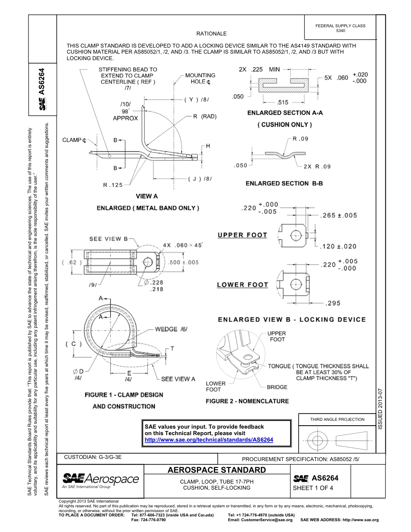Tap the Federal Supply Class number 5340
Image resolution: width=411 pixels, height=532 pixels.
click(340, 31)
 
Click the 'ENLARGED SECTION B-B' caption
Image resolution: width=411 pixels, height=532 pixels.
click(284, 183)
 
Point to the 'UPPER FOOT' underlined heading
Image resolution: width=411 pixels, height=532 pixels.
click(242, 235)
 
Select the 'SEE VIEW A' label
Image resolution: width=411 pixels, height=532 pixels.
click(178, 379)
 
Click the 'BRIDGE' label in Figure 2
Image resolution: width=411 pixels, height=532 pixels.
click(277, 387)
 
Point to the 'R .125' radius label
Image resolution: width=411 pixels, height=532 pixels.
click(113, 185)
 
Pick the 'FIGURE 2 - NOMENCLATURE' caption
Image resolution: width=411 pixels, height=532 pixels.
click(247, 401)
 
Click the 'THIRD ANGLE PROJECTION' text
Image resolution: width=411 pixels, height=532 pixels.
click(337, 419)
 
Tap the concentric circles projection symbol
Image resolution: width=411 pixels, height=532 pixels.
click(318, 441)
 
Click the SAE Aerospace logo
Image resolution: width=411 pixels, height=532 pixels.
click(100, 480)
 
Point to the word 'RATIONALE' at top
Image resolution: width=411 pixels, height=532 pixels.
click(211, 33)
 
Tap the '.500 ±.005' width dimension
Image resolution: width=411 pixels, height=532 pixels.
click(184, 263)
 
